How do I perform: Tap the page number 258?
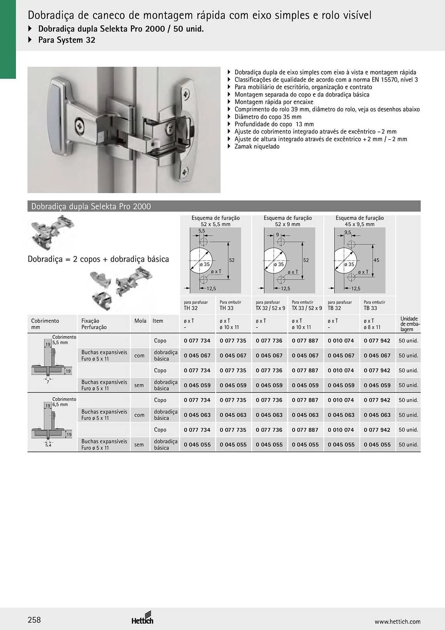[x=34, y=620]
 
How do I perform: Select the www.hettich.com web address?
[x=397, y=621]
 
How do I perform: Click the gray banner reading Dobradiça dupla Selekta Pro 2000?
[x=224, y=206]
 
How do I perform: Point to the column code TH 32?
[x=191, y=308]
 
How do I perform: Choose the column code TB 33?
[x=370, y=308]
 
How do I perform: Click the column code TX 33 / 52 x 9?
[x=307, y=308]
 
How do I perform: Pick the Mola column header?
[x=140, y=321]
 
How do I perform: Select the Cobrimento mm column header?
[x=45, y=324]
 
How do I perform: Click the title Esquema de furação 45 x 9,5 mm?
[x=360, y=221]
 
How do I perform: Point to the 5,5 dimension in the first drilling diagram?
[x=202, y=231]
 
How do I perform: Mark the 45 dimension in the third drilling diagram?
[x=376, y=260]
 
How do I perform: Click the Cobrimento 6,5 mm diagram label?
[x=64, y=402]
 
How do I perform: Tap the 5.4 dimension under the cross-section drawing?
[x=48, y=445]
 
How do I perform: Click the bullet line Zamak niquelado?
[x=257, y=146]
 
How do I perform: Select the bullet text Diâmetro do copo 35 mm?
[x=268, y=117]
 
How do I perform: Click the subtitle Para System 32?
[x=66, y=40]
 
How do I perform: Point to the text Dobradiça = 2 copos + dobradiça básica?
[x=98, y=259]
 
